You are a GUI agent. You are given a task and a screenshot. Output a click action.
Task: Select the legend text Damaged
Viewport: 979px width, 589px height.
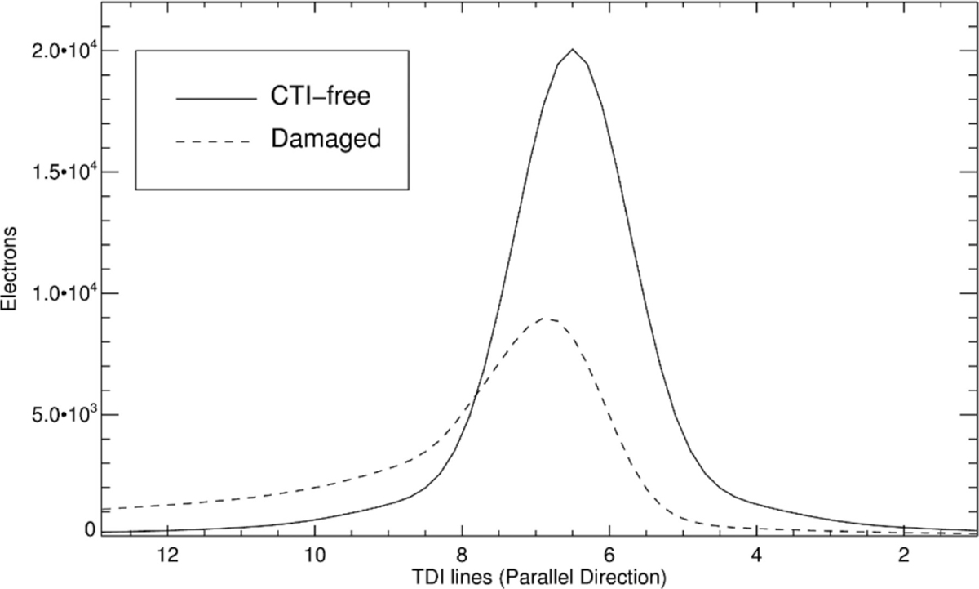[x=325, y=139]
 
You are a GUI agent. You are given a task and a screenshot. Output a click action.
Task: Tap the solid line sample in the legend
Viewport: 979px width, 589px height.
[x=215, y=97]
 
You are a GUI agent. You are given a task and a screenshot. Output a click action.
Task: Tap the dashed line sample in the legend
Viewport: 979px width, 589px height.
[x=215, y=140]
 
